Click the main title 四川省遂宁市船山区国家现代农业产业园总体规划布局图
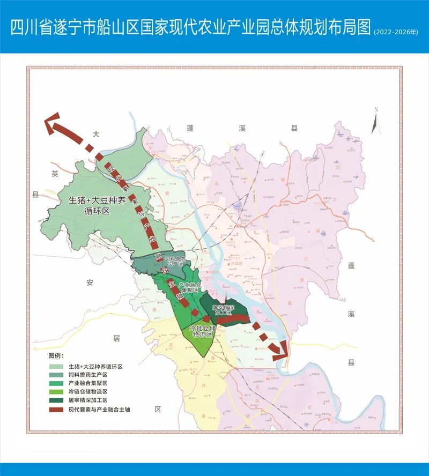190,28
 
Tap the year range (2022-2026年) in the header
396,32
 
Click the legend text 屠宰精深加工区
88,401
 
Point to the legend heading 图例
56,356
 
